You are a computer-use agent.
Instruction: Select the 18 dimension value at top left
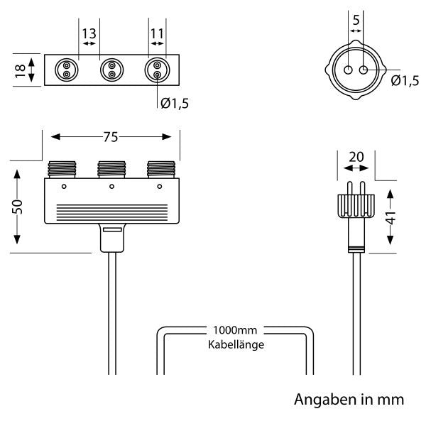[x=20, y=70]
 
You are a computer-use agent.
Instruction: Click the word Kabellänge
[x=236, y=345]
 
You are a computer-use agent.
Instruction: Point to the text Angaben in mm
[x=349, y=400]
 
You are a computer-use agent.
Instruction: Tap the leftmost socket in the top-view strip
[x=65, y=70]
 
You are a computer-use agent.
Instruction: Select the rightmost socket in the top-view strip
[x=156, y=70]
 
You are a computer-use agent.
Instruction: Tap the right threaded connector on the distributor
[x=159, y=170]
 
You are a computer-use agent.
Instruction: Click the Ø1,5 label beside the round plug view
[x=405, y=80]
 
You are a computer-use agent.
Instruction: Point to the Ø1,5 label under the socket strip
[x=175, y=104]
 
